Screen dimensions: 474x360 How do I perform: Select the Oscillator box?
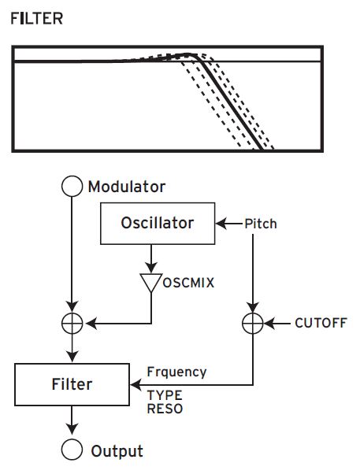coord(157,223)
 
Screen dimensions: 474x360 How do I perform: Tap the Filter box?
coord(72,384)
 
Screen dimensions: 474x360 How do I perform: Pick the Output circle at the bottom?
coord(72,450)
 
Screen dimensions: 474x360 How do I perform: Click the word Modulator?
coord(127,187)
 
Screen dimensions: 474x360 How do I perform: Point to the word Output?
coord(117,451)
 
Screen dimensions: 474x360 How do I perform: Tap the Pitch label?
coord(260,224)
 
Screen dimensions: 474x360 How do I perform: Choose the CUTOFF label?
coord(320,323)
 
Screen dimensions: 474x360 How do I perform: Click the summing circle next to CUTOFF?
coord(251,323)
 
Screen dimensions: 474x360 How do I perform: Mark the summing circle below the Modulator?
coord(72,323)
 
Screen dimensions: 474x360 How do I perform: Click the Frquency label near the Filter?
coord(177,372)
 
